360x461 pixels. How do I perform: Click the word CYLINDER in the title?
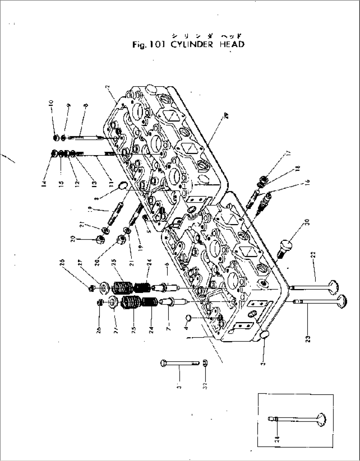(x=192, y=45)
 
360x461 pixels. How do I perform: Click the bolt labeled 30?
(x=285, y=246)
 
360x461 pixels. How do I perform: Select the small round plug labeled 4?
(x=189, y=317)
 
